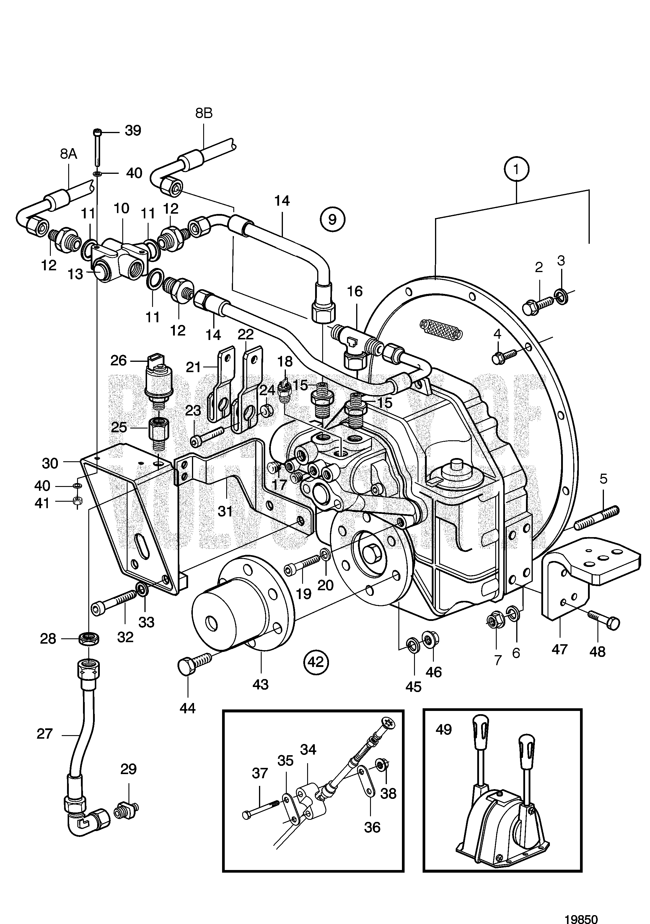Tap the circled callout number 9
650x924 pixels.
pyautogui.click(x=332, y=219)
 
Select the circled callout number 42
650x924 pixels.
pyautogui.click(x=316, y=662)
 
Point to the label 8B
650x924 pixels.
pyautogui.click(x=204, y=113)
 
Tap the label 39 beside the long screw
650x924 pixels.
pyautogui.click(x=133, y=130)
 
